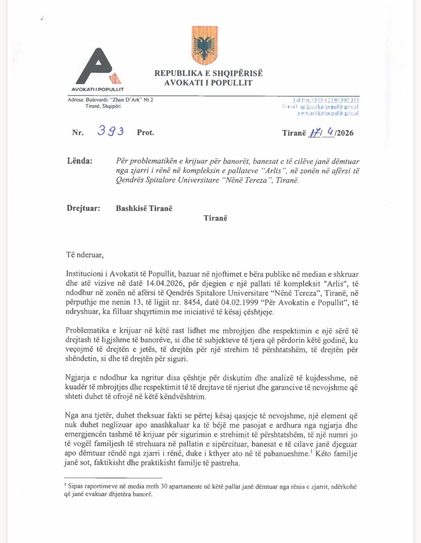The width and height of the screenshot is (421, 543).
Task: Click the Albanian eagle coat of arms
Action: pyautogui.click(x=205, y=46)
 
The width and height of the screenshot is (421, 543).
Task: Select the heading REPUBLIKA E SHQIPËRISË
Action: pyautogui.click(x=209, y=73)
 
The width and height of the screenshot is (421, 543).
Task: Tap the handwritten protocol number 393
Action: pyautogui.click(x=111, y=131)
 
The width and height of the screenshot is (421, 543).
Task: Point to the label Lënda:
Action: pyautogui.click(x=80, y=161)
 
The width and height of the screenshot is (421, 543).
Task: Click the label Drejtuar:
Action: pyautogui.click(x=83, y=208)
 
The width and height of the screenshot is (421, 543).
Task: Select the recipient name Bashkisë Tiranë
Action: pyautogui.click(x=144, y=208)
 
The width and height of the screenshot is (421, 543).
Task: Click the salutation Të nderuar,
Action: pyautogui.click(x=85, y=255)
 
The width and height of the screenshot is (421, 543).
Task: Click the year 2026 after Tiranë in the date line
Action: pyautogui.click(x=345, y=133)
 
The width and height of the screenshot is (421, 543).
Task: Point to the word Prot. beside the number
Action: pyautogui.click(x=145, y=133)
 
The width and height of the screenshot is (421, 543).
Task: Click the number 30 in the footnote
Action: pyautogui.click(x=164, y=486)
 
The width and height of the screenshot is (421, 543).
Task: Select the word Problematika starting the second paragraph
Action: pyautogui.click(x=87, y=331)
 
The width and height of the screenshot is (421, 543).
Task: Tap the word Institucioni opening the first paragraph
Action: pyautogui.click(x=86, y=274)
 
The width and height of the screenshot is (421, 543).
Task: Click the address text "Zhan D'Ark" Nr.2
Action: pyautogui.click(x=131, y=100)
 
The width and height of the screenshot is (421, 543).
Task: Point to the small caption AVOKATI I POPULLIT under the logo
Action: pyautogui.click(x=97, y=89)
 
